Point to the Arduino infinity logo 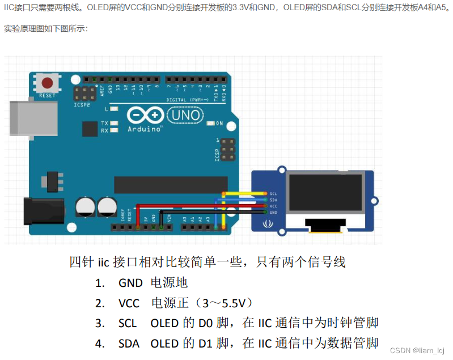[145, 116]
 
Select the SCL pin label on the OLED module [273, 194]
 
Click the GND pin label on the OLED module [273, 212]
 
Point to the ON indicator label [219, 123]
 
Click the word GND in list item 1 [130, 282]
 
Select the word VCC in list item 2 [129, 303]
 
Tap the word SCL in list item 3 [128, 323]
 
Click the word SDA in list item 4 [128, 344]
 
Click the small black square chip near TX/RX [90, 129]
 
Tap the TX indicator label [104, 123]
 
